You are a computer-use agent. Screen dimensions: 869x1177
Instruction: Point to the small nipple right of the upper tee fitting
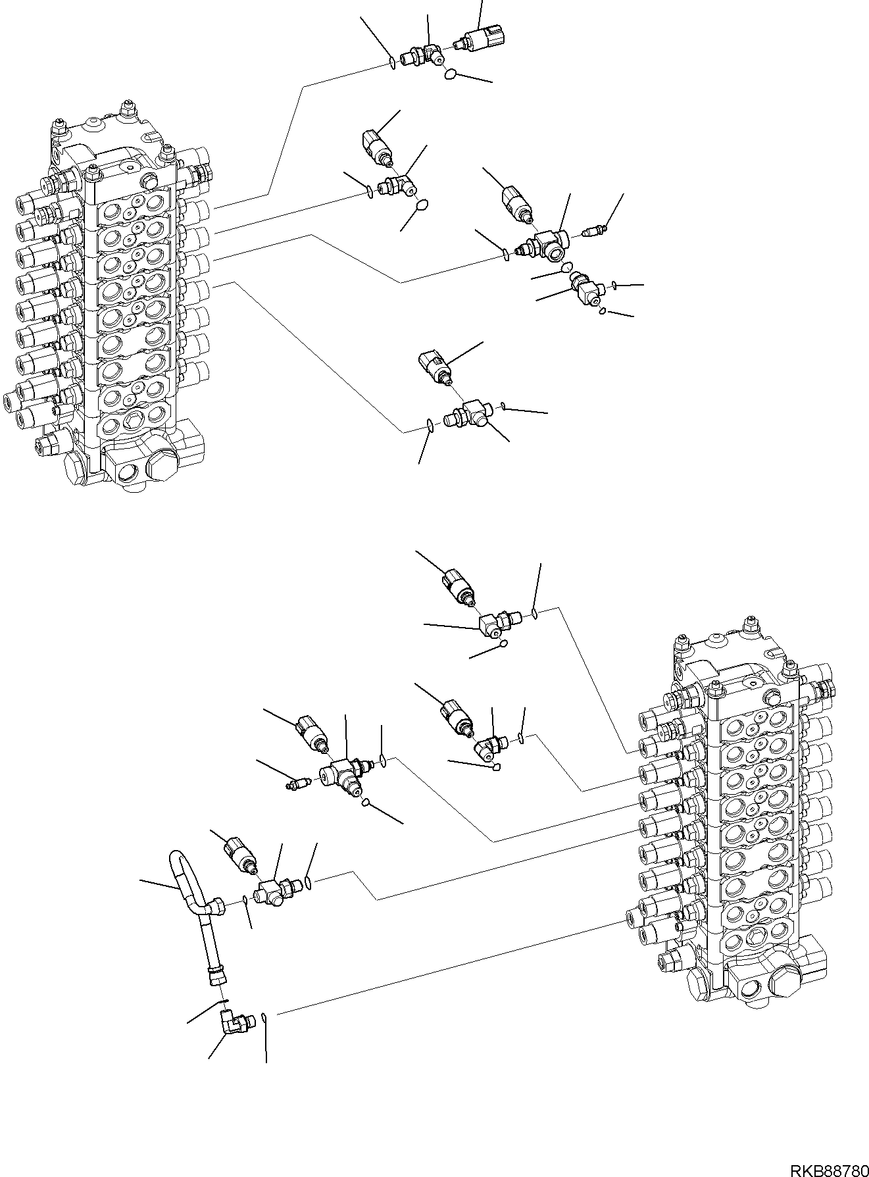click(x=595, y=232)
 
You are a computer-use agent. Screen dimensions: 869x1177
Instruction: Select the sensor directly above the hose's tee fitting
click(x=241, y=856)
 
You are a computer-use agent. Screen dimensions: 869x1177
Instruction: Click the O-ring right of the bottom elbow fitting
click(x=264, y=1019)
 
